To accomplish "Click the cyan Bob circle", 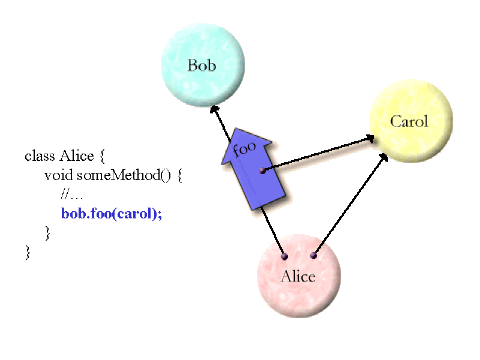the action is tap(203, 65).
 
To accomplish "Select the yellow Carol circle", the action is tap(411, 121).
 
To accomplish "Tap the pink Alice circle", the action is tap(299, 275).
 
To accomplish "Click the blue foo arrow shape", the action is tap(253, 169).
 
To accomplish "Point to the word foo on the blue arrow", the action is tap(244, 149).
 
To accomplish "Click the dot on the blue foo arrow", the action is tap(263, 170).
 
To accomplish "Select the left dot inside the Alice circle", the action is tap(284, 257).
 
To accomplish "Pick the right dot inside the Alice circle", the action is tap(313, 256).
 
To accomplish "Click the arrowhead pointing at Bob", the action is tap(214, 110).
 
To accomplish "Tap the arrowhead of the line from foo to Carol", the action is tap(370, 139).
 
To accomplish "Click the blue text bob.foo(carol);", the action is tap(112, 214).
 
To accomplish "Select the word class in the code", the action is tap(40, 156).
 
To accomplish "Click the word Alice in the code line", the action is tap(77, 156).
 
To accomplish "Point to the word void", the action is tap(58, 175).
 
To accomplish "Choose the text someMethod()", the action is tap(124, 175).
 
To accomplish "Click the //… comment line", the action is tap(71, 194).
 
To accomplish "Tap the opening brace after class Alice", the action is tap(102, 157).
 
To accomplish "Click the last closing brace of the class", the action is tap(28, 252).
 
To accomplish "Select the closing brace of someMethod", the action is tap(47, 233).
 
